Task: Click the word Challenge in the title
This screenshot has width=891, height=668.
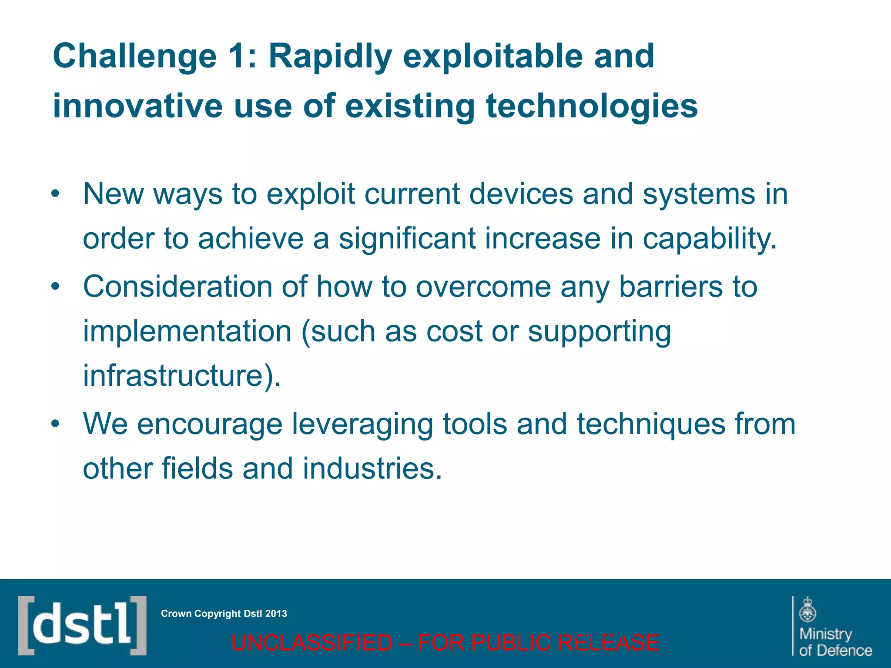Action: tap(134, 57)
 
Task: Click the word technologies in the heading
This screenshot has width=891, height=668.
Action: tap(591, 107)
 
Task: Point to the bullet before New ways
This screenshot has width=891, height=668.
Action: tap(54, 194)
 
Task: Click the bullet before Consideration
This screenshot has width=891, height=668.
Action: tap(54, 287)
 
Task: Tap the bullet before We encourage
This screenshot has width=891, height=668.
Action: tap(54, 424)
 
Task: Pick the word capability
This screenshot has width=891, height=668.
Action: tap(709, 239)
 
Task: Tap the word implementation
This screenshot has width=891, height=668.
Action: tap(187, 332)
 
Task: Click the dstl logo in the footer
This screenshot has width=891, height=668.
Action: tap(82, 625)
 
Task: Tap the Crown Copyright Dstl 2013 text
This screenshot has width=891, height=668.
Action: tap(224, 614)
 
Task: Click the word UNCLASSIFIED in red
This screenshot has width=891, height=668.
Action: tap(312, 643)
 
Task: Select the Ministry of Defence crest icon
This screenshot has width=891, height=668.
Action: tap(807, 610)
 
